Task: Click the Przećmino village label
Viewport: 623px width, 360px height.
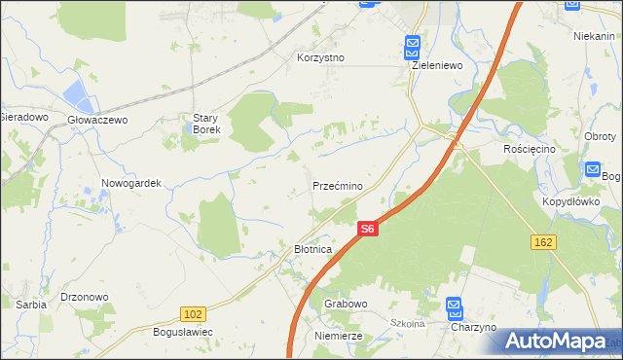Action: (338, 185)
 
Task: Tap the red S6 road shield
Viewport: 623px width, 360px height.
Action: (366, 229)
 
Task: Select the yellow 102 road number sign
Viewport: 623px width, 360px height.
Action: (193, 313)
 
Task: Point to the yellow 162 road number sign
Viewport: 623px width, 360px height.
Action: (543, 240)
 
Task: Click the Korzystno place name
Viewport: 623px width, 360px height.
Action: (321, 57)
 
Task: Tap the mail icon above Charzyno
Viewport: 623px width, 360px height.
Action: (454, 307)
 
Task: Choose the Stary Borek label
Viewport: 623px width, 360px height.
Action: (206, 124)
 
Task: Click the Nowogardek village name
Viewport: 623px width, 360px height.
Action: (130, 183)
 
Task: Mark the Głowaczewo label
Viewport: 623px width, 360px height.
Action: (97, 120)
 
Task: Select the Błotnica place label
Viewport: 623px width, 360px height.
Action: (313, 249)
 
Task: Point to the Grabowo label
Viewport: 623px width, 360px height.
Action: (346, 304)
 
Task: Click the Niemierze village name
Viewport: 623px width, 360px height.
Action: (339, 335)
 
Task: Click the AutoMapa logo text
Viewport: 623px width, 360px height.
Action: (557, 342)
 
